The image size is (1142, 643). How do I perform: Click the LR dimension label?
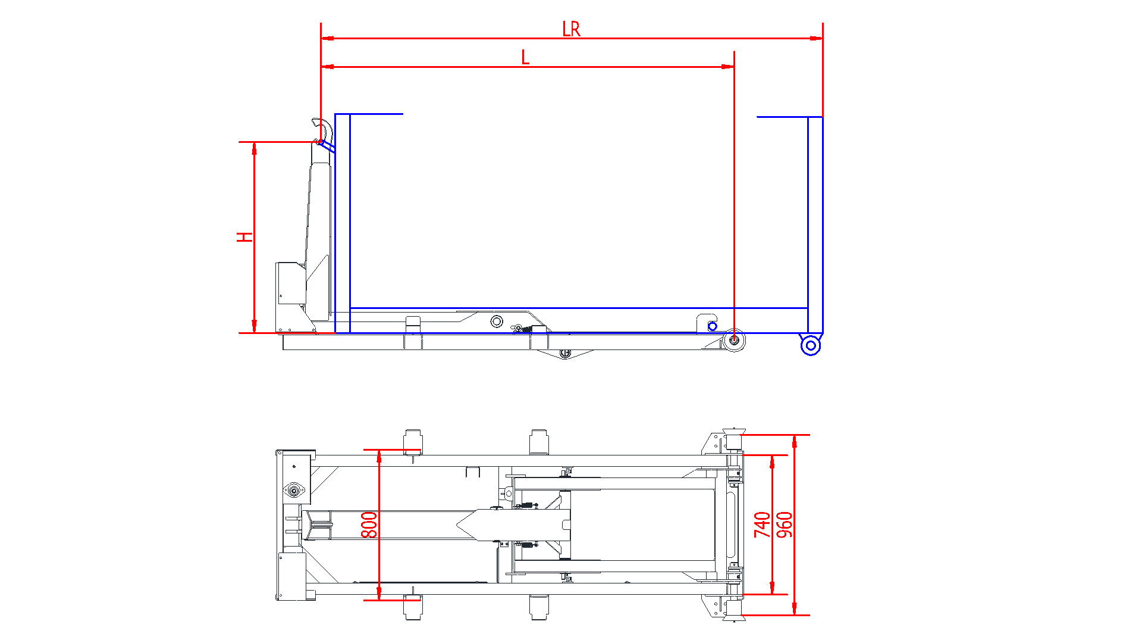coord(571,29)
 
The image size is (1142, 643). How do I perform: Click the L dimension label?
coord(525,58)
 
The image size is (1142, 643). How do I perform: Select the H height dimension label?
coord(244,237)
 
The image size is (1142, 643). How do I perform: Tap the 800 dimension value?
coord(369,525)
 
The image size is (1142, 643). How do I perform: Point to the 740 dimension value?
coord(762,525)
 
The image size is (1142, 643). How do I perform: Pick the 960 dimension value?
coord(785,525)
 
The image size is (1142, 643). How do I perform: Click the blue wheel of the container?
coord(810,345)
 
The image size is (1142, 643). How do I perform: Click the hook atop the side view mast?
coord(322,127)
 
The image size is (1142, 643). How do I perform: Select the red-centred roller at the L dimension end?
coord(734,340)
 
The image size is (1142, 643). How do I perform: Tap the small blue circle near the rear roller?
coord(713,326)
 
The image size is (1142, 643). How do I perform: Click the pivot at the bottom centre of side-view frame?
coord(565,354)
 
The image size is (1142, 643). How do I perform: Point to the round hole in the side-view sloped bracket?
coord(497,321)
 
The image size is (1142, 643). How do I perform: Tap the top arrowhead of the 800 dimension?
coord(379,456)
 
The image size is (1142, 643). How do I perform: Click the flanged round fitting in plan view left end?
coord(294,491)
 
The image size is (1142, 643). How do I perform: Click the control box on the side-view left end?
coord(291,283)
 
